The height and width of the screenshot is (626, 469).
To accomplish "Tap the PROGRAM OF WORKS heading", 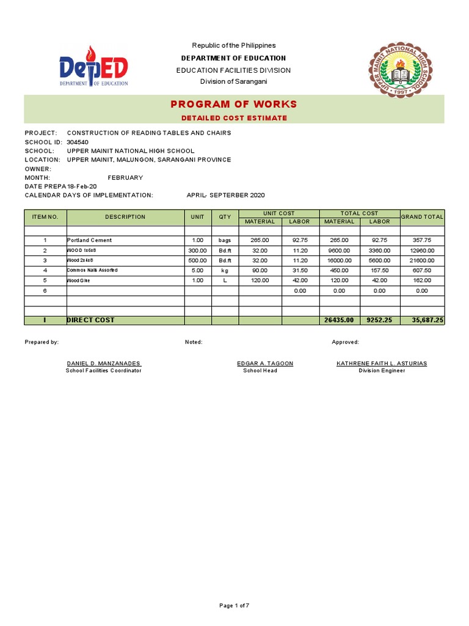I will pos(234,104).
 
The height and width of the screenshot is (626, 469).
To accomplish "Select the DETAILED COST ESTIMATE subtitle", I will pos(234,117).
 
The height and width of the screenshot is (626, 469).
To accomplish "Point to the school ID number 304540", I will pos(78,142).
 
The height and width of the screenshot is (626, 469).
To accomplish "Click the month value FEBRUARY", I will pos(125,177).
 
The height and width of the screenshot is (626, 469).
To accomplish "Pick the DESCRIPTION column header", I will pos(125,217).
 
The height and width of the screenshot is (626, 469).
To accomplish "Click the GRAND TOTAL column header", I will pos(422,217).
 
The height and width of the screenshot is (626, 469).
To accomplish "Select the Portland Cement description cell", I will pos(89,240).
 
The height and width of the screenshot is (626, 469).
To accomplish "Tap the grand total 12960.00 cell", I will pos(422,251).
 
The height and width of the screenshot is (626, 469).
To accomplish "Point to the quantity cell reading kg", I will pos(225,270).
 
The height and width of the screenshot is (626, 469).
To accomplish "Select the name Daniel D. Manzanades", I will pos(104,363).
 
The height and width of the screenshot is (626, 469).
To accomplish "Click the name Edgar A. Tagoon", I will pos(265,363).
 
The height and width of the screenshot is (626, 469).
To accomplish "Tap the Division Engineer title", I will pos(382,370).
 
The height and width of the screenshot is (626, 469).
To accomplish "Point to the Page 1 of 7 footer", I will pos(234,605).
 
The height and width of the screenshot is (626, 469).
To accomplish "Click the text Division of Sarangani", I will pos(234,82).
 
